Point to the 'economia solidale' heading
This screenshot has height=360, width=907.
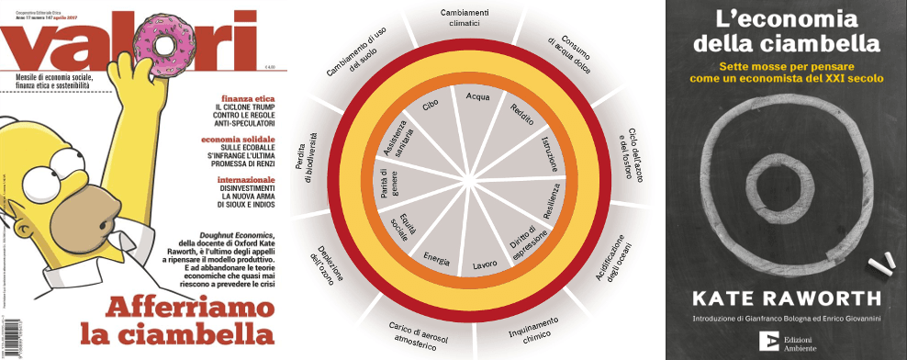coord(240,139)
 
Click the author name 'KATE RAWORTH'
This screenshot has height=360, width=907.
coord(785,299)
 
